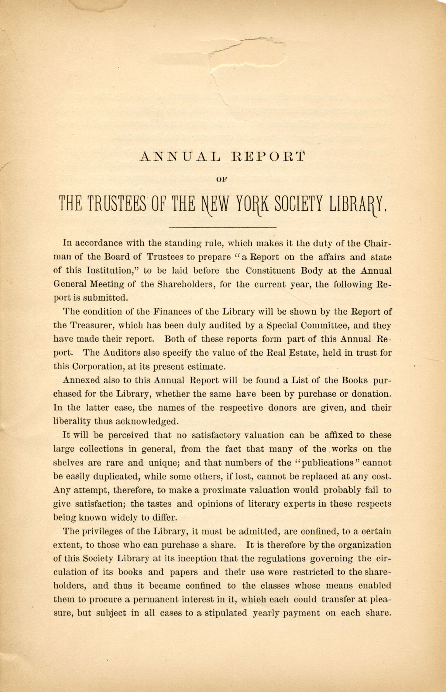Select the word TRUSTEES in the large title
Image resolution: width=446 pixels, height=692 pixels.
point(118,203)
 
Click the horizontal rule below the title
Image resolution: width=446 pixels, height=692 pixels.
point(223,227)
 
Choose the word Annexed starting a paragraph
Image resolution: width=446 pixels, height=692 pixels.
point(80,380)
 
